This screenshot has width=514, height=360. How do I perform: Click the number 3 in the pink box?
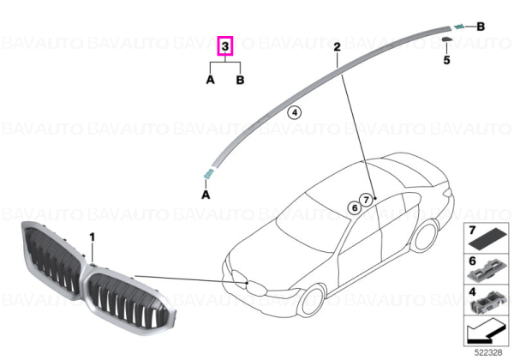tap(225, 46)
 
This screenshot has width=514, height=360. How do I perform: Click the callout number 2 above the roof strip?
tap(337, 47)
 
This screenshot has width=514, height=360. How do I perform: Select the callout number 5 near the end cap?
tap(446, 60)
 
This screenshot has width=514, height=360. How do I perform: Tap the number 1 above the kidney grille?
tap(93, 237)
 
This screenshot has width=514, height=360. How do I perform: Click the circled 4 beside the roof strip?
tap(295, 113)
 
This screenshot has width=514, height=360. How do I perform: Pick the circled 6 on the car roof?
tap(355, 207)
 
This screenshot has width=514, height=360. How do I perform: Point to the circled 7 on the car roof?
tap(366, 200)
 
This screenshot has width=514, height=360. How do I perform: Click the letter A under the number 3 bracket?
tap(210, 80)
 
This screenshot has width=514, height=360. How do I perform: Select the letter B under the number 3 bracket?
tap(240, 80)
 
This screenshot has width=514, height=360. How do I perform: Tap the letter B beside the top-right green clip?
tap(481, 27)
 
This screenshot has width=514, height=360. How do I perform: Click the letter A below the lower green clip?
tap(206, 195)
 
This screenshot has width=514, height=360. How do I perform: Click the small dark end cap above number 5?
tap(446, 39)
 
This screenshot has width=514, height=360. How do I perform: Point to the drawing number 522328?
tap(488, 352)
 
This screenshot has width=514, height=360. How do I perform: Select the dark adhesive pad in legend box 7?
tap(488, 240)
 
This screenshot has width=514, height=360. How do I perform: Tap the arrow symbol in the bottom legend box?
tap(485, 332)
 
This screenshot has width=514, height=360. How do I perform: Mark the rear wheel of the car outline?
tap(424, 236)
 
